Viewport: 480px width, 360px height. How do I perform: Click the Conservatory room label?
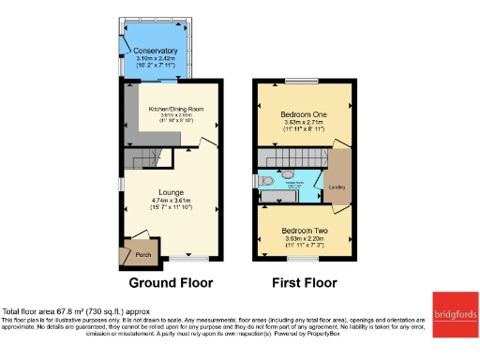(x=156, y=50)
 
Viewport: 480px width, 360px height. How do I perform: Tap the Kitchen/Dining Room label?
(x=177, y=108)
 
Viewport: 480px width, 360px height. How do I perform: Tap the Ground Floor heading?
(x=171, y=282)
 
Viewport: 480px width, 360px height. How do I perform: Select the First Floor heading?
(x=303, y=282)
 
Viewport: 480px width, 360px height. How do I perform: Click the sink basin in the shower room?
(x=285, y=172)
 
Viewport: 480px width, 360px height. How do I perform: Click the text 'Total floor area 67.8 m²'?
(x=47, y=310)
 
